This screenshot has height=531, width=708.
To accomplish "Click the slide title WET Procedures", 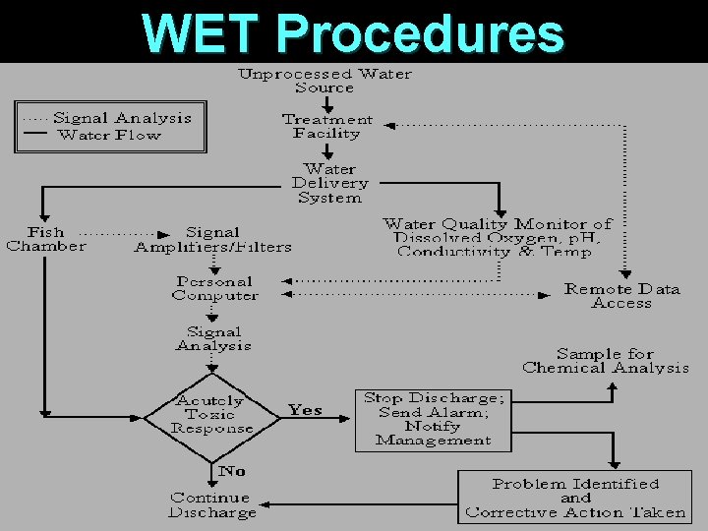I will pos(354,32).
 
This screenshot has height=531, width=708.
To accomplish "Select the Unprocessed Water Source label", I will pos(325,81).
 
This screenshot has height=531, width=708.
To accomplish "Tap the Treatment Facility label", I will pos(327,126).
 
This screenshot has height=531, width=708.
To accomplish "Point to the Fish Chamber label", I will pos(45,239).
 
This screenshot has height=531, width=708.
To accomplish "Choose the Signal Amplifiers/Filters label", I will pos(212,240).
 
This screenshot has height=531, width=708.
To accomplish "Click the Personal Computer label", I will pos(214,288).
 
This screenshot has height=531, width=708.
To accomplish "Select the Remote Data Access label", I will pos(621,296).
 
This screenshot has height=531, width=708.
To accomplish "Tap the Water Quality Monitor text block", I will pos(497,238).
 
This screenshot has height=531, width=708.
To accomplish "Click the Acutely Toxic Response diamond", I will pos(211,414).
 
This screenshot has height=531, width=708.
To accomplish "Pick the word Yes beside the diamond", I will pos(305,410).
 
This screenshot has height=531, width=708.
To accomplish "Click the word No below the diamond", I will pos(231,472).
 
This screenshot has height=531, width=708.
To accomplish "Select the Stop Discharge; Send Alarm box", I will pos(433,419).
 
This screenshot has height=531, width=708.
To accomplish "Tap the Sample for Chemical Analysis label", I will pos(606,361).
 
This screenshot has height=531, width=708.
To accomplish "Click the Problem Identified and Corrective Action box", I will pos(575,498).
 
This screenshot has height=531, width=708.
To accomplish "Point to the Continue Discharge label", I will pos(211,504).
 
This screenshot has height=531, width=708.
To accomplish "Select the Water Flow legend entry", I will pos(108,135).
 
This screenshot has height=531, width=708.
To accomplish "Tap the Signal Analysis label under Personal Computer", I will pos(213,338).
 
